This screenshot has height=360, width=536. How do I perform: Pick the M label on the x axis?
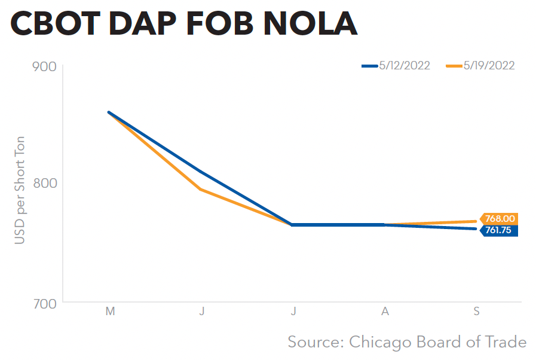[x=109, y=312]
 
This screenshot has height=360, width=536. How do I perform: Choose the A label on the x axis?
[x=385, y=312]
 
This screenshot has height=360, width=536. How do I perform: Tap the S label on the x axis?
[x=477, y=312]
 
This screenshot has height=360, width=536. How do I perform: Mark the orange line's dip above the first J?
[x=201, y=190]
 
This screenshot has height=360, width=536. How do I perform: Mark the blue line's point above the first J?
[x=201, y=172]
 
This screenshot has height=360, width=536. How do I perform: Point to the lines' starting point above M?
[x=109, y=112]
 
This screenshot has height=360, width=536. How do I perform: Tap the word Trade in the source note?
[x=507, y=342]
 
